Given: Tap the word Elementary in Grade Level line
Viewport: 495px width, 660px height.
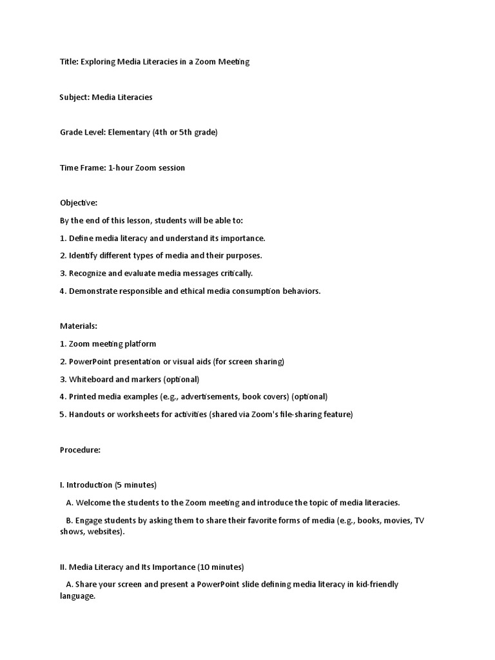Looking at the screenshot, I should [128, 133].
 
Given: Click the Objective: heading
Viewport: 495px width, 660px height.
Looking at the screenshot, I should [79, 203].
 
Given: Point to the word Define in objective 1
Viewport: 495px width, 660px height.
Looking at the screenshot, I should [81, 238].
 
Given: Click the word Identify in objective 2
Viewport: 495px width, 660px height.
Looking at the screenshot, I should [84, 256].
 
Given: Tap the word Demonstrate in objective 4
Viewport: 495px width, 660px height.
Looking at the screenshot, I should [94, 291].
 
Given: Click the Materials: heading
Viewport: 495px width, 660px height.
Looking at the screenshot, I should [79, 326].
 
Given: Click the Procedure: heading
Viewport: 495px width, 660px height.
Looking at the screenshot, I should [81, 450].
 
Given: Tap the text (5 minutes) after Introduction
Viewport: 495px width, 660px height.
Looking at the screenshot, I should [135, 485].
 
